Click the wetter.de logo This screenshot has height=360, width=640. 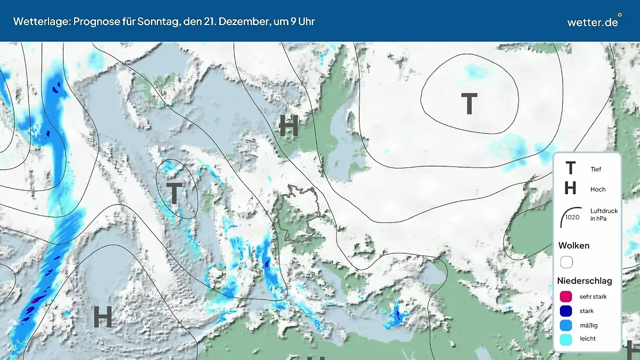[x=594, y=21]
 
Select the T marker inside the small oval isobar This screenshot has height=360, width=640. [x=174, y=193]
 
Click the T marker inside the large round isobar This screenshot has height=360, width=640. [x=469, y=104]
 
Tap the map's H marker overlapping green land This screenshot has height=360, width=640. [x=289, y=126]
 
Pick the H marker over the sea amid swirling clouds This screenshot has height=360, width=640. [x=102, y=317]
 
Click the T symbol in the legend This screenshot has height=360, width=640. [x=570, y=169]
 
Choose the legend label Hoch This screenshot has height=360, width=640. [x=598, y=189]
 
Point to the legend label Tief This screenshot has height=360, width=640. [x=596, y=169]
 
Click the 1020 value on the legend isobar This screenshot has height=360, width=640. [x=572, y=218]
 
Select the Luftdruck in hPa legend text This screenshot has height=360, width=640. [x=604, y=214]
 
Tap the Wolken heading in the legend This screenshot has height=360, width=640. [x=574, y=246]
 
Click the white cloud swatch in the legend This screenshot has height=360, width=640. [x=566, y=262]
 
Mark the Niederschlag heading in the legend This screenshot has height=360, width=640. [x=585, y=281]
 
